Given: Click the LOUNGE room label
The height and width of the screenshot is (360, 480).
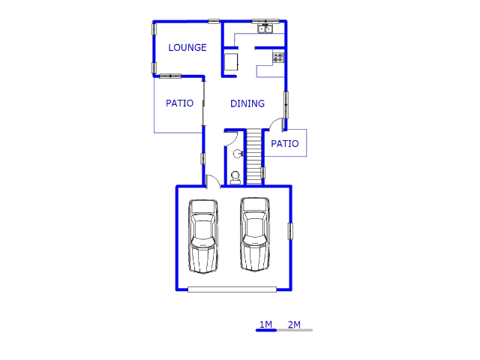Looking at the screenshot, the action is [187, 48].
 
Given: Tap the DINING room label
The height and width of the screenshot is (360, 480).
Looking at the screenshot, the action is [247, 103].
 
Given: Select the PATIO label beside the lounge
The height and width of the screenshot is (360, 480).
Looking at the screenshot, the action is [179, 103].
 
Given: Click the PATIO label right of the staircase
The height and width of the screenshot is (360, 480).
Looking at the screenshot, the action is [285, 143].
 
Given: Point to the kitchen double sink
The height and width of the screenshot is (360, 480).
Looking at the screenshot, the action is [265, 28].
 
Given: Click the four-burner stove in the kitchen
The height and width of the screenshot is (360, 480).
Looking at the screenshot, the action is [278, 58].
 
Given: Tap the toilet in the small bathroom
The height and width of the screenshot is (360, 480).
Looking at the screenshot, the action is [235, 178].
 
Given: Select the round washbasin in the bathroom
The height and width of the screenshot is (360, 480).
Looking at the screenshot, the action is [238, 154].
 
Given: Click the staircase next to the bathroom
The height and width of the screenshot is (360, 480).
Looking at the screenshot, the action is [254, 157].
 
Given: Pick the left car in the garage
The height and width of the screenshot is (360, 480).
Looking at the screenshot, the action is [203, 236].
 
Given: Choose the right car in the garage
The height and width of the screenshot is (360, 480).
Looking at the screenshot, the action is [255, 234].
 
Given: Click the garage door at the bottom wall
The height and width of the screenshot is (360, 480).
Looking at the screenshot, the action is [232, 289].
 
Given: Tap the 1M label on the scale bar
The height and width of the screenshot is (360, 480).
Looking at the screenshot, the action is [265, 324].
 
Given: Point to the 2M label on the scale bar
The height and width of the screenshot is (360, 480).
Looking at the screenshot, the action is [294, 324].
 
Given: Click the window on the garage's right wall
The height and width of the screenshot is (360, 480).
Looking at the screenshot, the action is [290, 231].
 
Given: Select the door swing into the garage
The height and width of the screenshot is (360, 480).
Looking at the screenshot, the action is [213, 181].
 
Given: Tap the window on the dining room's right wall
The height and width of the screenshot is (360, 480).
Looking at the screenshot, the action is [286, 105].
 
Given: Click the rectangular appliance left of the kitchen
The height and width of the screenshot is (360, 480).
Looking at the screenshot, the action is [231, 62].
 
